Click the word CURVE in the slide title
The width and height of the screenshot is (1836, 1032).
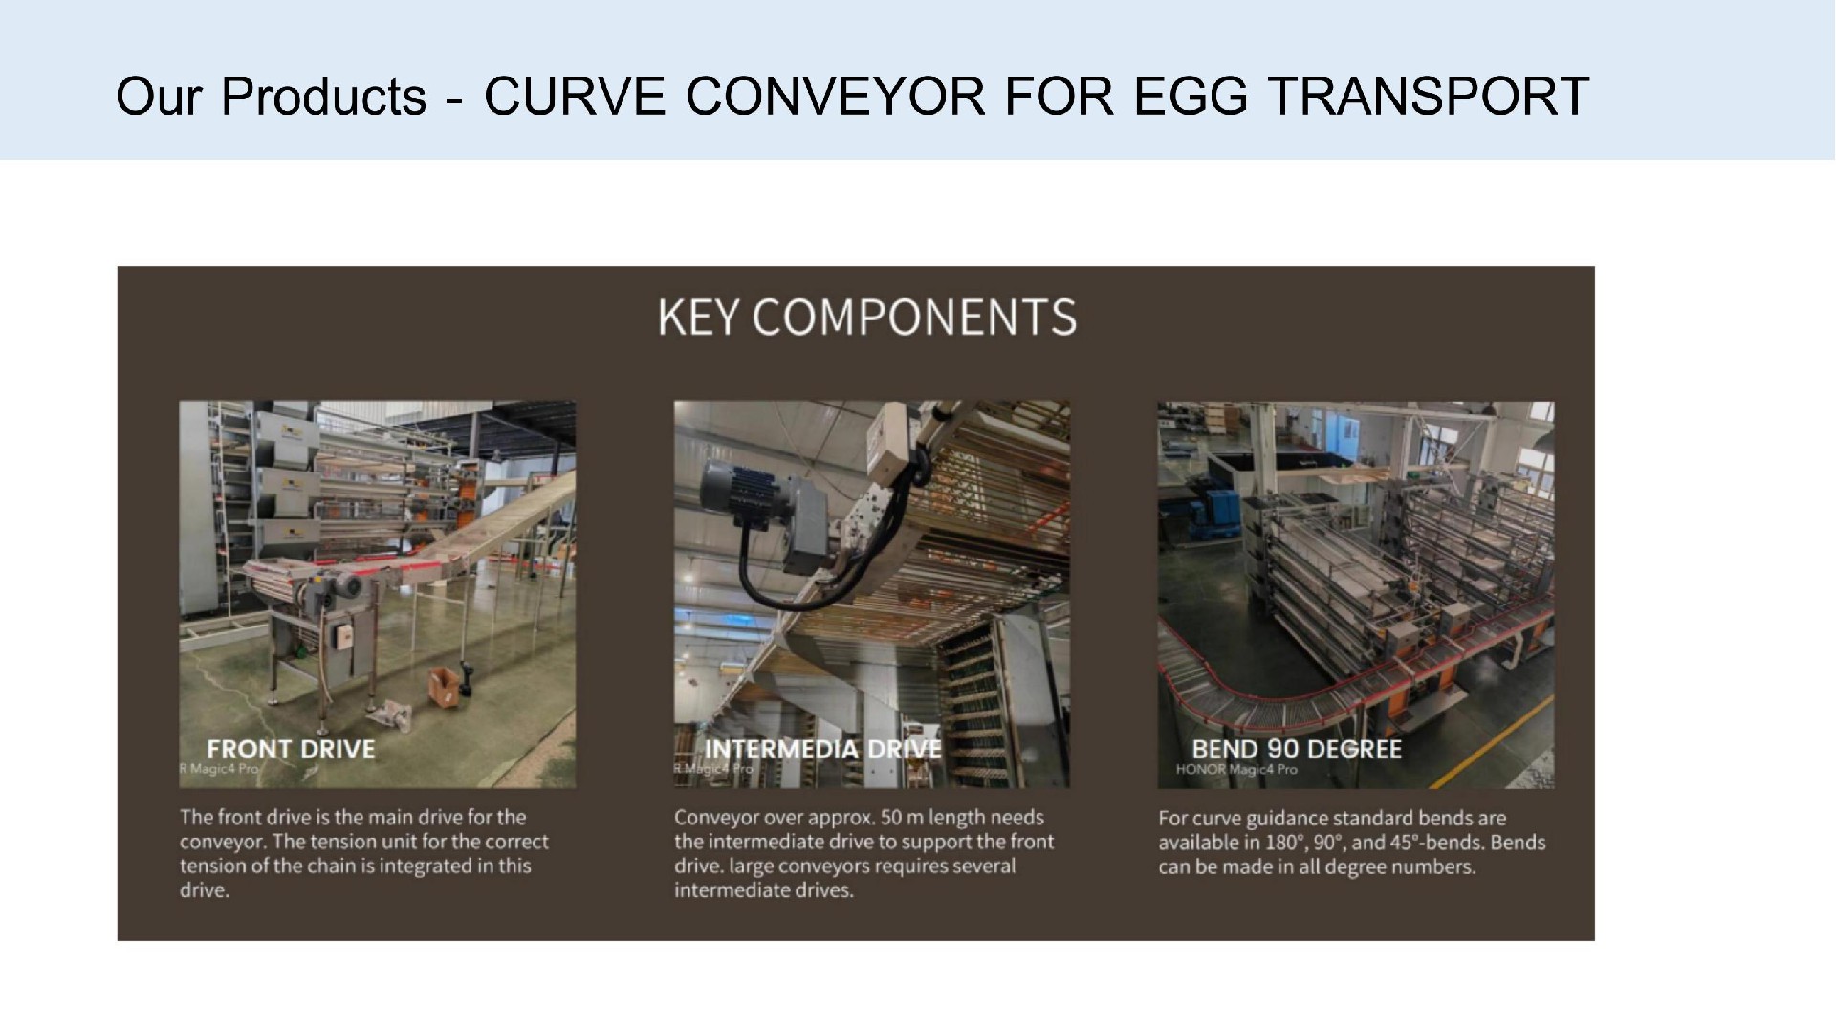point(575,97)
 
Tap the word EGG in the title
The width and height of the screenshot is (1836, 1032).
point(1191,97)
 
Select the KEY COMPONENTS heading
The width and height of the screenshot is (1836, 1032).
point(867,318)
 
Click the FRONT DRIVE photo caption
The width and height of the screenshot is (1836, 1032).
point(291,749)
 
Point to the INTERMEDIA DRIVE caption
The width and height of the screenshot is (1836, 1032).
point(822,749)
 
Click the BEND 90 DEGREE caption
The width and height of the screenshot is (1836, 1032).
point(1297,749)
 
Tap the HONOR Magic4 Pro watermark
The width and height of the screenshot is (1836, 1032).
point(1236,769)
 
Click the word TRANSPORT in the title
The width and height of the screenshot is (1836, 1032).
point(1429,97)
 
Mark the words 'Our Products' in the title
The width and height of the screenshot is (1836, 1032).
point(271,97)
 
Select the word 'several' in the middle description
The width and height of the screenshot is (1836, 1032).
point(985,867)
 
